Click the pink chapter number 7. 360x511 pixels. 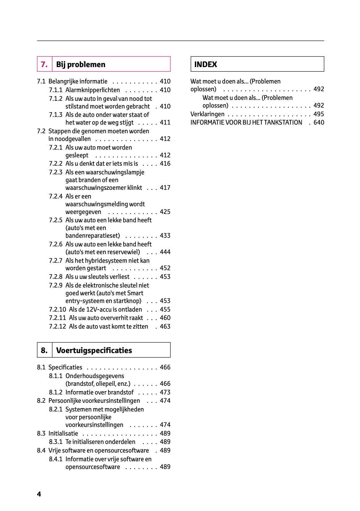point(44,64)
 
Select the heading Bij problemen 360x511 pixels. point(81,64)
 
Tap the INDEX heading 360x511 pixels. point(205,64)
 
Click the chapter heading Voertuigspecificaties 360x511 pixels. point(94,350)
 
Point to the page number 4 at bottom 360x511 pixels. point(39,494)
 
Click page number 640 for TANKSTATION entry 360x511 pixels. point(319,122)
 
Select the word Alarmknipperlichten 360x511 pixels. point(92,90)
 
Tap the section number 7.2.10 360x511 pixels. point(57,309)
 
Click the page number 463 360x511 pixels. point(165,326)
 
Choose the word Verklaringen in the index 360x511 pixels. point(207,114)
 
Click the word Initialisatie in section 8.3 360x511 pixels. point(63,433)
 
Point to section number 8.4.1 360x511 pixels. point(56,459)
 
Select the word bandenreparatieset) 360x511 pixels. point(92,236)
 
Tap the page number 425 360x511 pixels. point(165,212)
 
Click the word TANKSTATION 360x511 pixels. point(283,122)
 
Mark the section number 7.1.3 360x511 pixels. point(56,115)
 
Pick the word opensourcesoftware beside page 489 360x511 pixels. point(92,467)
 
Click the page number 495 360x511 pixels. point(319,114)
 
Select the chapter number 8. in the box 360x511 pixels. point(44,350)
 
